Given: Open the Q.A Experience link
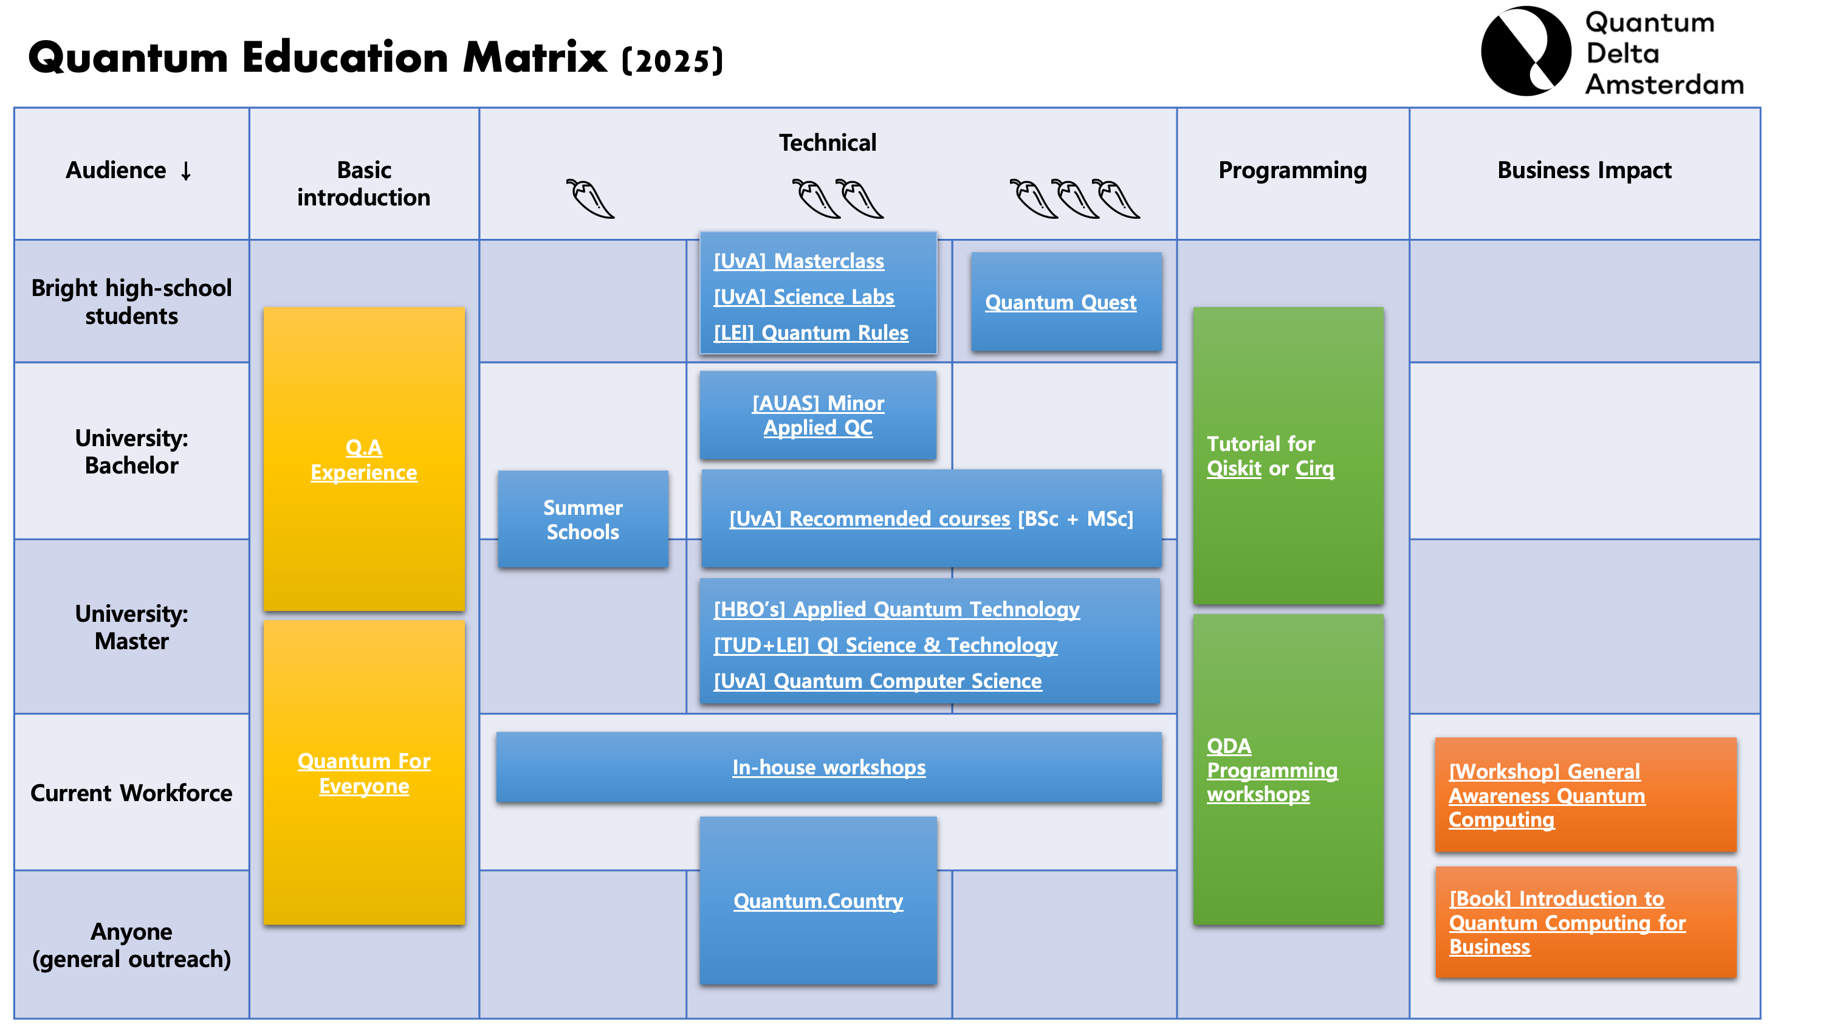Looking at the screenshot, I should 364,460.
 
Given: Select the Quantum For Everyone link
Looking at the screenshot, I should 364,773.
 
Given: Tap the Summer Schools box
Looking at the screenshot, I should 582,519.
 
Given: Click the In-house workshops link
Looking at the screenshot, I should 828,768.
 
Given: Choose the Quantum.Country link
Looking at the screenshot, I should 817,901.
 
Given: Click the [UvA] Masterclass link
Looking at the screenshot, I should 798,261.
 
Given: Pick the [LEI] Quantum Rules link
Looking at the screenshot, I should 810,333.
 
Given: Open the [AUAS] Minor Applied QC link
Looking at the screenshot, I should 817,416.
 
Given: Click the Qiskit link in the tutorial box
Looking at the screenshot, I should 1234,469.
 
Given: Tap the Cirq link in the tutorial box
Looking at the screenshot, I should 1314,469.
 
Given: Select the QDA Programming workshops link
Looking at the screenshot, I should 1271,770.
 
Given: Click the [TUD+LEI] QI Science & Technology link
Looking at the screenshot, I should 885,645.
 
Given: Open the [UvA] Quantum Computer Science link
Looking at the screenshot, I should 877,681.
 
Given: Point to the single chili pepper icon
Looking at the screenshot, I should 589,199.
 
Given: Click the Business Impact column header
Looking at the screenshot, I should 1584,171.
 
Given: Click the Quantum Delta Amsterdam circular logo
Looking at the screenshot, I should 1526,51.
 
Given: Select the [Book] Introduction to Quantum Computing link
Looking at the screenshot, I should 1566,923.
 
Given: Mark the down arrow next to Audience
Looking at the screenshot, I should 186,171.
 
